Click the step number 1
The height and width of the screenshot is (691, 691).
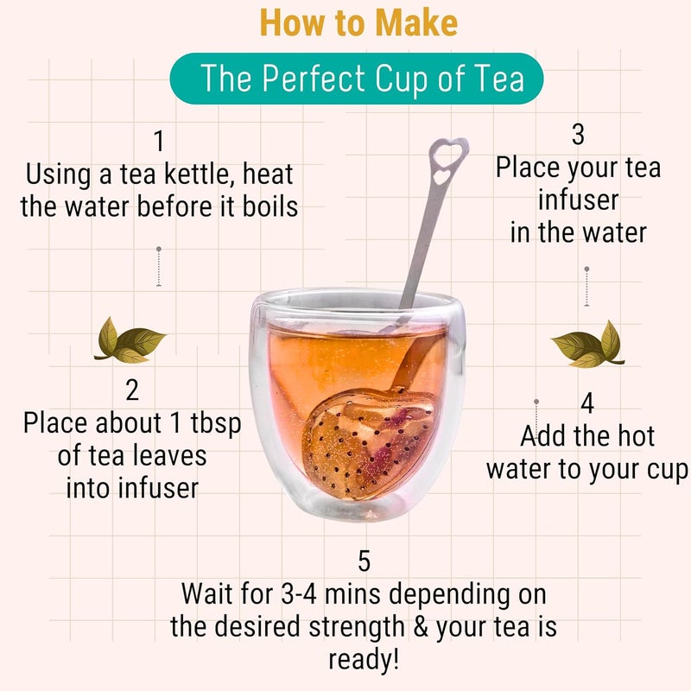(159, 141)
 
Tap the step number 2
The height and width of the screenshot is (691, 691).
(132, 390)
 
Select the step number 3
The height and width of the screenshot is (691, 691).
(578, 134)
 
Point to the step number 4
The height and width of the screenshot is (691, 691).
(587, 403)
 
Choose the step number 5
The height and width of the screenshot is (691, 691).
(364, 561)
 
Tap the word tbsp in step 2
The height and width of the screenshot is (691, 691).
(216, 424)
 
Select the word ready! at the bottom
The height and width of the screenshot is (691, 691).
(364, 660)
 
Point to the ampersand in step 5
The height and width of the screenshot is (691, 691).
(422, 626)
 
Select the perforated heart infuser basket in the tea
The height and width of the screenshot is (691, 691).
(369, 445)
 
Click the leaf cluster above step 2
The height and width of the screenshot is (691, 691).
(129, 340)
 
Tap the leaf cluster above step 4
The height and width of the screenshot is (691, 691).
(588, 344)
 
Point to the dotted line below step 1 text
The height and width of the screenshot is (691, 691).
(159, 267)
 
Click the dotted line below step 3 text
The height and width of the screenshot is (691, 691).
(586, 287)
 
